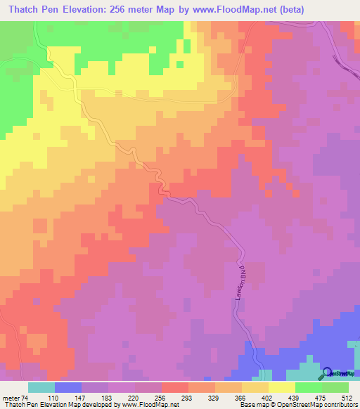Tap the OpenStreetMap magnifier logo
pyautogui.click(x=328, y=373)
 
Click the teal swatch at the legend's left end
pyautogui.click(x=41, y=387)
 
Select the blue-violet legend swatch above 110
pyautogui.click(x=67, y=387)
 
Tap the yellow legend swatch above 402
pyautogui.click(x=255, y=387)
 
